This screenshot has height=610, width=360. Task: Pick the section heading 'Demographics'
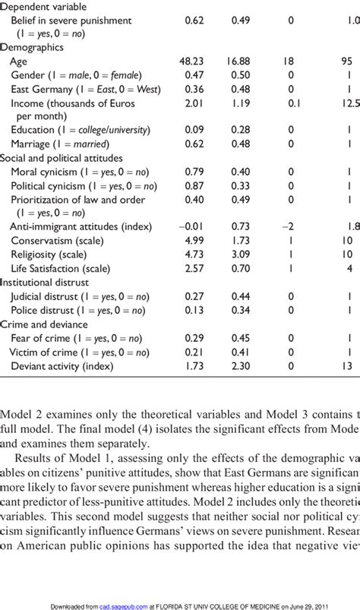click(31, 47)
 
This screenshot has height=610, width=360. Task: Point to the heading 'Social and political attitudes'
click(62, 158)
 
